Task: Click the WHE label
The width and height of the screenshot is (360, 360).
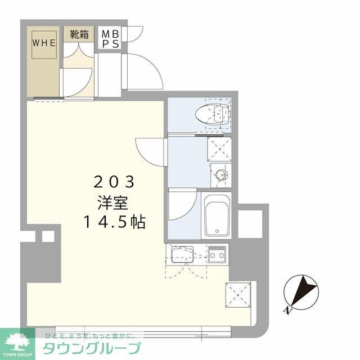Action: pos(43,42)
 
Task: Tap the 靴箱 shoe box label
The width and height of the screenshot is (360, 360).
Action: pos(79,34)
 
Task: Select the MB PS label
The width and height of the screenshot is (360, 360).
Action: pos(109,39)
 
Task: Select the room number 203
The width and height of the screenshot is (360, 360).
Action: pos(114,182)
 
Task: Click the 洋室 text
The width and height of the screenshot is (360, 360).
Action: pos(114,202)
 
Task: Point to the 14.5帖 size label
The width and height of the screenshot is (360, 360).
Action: pos(115,222)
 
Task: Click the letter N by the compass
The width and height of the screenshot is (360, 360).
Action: pos(287,309)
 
